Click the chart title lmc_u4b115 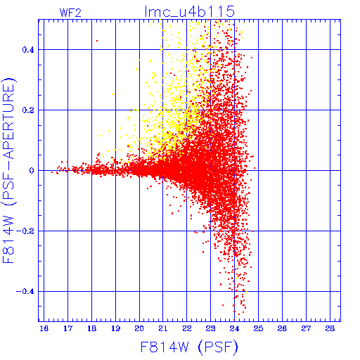point(190,11)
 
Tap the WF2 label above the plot point(70,13)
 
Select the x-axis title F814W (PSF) point(189,347)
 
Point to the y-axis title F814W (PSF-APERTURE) point(8,171)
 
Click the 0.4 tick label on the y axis point(28,50)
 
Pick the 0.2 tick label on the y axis point(28,110)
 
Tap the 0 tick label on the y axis point(32,171)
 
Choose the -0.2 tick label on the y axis point(25,231)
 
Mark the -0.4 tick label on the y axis point(25,292)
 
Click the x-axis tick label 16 point(44,328)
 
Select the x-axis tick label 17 point(67,328)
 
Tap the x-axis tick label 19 point(115,328)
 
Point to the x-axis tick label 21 point(163,328)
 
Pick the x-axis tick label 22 point(187,328)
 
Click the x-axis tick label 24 point(234,328)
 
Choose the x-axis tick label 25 point(258,328)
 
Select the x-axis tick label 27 point(306,328)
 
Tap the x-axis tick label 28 point(330,328)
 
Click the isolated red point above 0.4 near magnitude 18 point(97,41)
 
